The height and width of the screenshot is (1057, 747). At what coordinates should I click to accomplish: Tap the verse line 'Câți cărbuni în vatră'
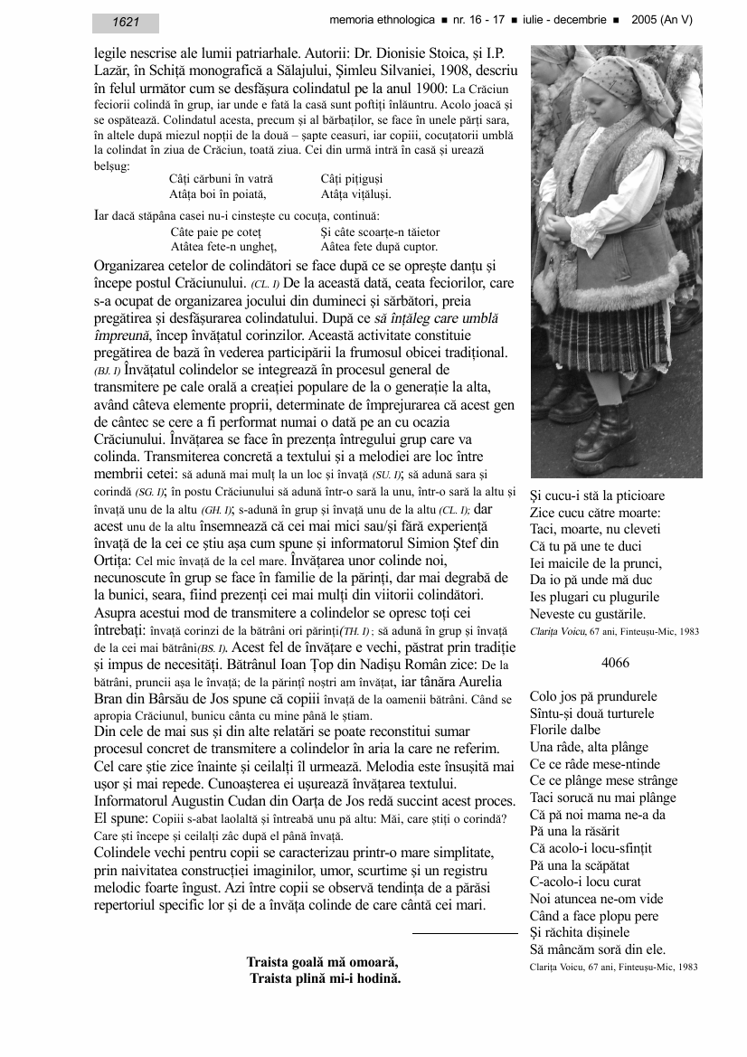[221, 180]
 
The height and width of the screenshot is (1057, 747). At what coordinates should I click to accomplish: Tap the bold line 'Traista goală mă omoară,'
[322, 962]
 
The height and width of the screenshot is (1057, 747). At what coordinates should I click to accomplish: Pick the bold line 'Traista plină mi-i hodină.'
[326, 978]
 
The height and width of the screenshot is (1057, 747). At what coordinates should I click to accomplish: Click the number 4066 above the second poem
[615, 663]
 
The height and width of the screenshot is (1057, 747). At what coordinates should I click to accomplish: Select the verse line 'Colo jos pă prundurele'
[593, 697]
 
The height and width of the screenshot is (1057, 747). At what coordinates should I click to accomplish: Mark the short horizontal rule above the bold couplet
[465, 931]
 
